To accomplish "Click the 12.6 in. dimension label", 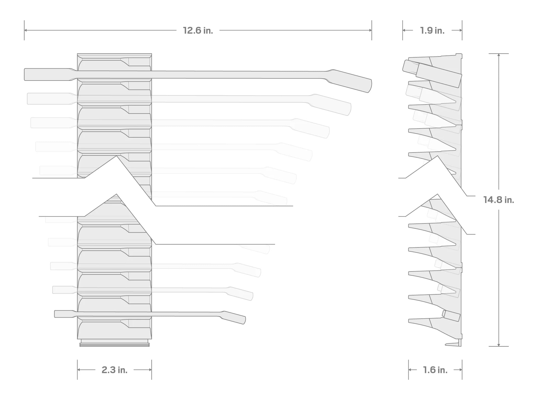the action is [198, 30].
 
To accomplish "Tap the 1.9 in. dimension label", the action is [432, 30].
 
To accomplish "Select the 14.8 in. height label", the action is [498, 200].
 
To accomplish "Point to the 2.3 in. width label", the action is [114, 370].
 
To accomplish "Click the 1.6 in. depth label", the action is [435, 370].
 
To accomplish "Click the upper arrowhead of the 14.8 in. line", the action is [498, 55].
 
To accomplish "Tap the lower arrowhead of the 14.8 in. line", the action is [498, 344].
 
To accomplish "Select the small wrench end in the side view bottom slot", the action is [451, 316].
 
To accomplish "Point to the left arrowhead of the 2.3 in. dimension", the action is [79, 370].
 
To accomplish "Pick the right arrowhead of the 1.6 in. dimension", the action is [460, 370].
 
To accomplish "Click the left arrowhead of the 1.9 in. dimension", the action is [405, 30].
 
